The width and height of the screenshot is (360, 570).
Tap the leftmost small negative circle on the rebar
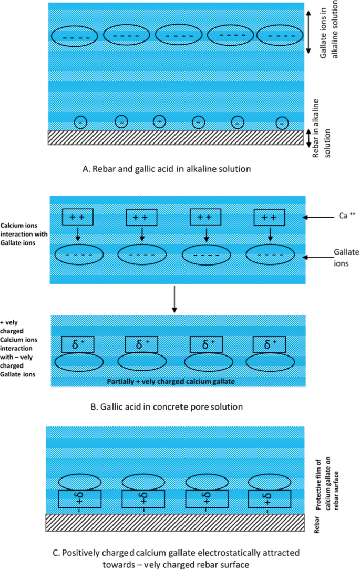(x=80, y=122)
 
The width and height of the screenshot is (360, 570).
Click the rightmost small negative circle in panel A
(x=283, y=122)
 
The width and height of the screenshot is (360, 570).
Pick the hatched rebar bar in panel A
(x=176, y=137)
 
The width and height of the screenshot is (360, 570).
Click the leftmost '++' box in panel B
(x=77, y=217)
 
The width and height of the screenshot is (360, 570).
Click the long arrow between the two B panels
(x=173, y=300)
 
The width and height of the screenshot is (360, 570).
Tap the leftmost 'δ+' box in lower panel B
(x=77, y=344)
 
